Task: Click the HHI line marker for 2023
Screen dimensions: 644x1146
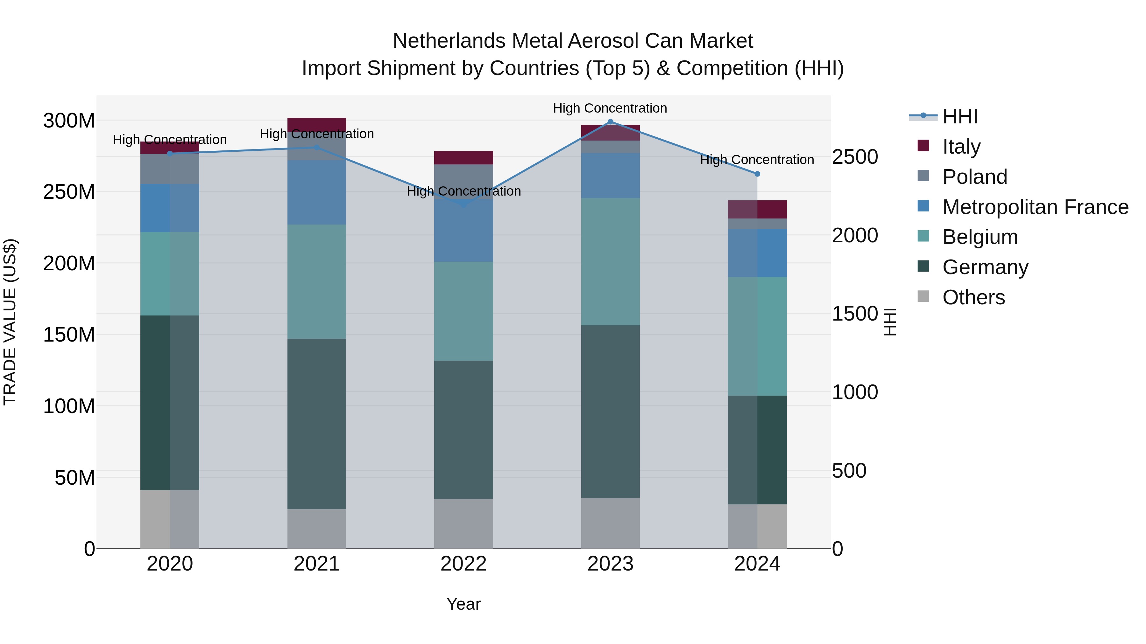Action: pos(610,122)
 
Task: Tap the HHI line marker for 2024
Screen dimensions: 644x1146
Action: pos(757,174)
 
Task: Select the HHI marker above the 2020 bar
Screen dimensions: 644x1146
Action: pos(169,153)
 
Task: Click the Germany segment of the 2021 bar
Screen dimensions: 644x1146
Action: pos(316,424)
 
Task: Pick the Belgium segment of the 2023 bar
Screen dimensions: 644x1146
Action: pos(610,261)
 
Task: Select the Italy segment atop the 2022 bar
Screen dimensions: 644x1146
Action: pos(463,158)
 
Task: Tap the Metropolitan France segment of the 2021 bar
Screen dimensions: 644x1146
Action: pos(316,192)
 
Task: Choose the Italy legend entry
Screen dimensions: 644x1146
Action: pos(961,146)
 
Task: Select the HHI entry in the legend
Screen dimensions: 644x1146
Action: pos(959,116)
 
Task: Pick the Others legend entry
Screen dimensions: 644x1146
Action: pos(973,297)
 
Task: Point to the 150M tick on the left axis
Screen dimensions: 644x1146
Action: pos(69,334)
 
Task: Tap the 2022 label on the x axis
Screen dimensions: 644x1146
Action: pos(463,564)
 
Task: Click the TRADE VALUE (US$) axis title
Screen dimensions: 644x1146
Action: pos(10,322)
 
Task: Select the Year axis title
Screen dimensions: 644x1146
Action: pos(463,604)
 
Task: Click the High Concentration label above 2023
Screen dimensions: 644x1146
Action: pos(610,108)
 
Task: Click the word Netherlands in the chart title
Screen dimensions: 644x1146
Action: pos(450,41)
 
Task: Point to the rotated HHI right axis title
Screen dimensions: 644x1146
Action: pos(890,322)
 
